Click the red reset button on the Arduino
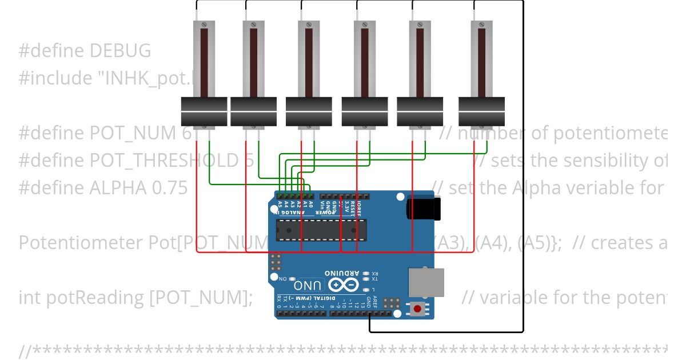417,309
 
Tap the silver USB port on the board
426,283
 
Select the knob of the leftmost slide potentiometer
204,111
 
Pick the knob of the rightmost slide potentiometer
481,111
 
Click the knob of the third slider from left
309,111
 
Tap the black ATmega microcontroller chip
321,229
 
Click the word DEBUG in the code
120,51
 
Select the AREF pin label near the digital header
376,301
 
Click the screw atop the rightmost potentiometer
481,25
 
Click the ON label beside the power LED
282,278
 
